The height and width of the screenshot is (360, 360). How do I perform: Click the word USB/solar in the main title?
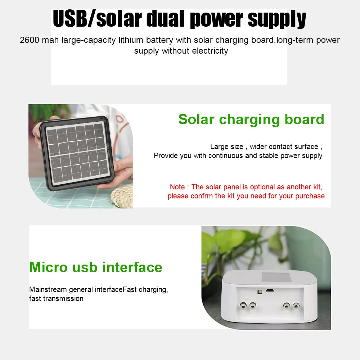click(93, 19)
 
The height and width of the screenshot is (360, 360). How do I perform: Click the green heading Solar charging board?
click(251, 119)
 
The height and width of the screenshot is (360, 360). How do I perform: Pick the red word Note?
click(177, 187)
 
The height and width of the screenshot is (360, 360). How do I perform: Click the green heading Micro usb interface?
click(96, 267)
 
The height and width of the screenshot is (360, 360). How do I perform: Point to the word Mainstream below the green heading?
click(48, 289)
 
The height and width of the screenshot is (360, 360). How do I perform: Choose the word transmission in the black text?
click(63, 298)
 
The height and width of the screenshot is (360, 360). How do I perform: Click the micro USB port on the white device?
click(269, 289)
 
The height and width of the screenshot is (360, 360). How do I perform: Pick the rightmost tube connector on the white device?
click(296, 306)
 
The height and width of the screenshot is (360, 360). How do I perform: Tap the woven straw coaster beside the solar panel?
click(121, 196)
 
